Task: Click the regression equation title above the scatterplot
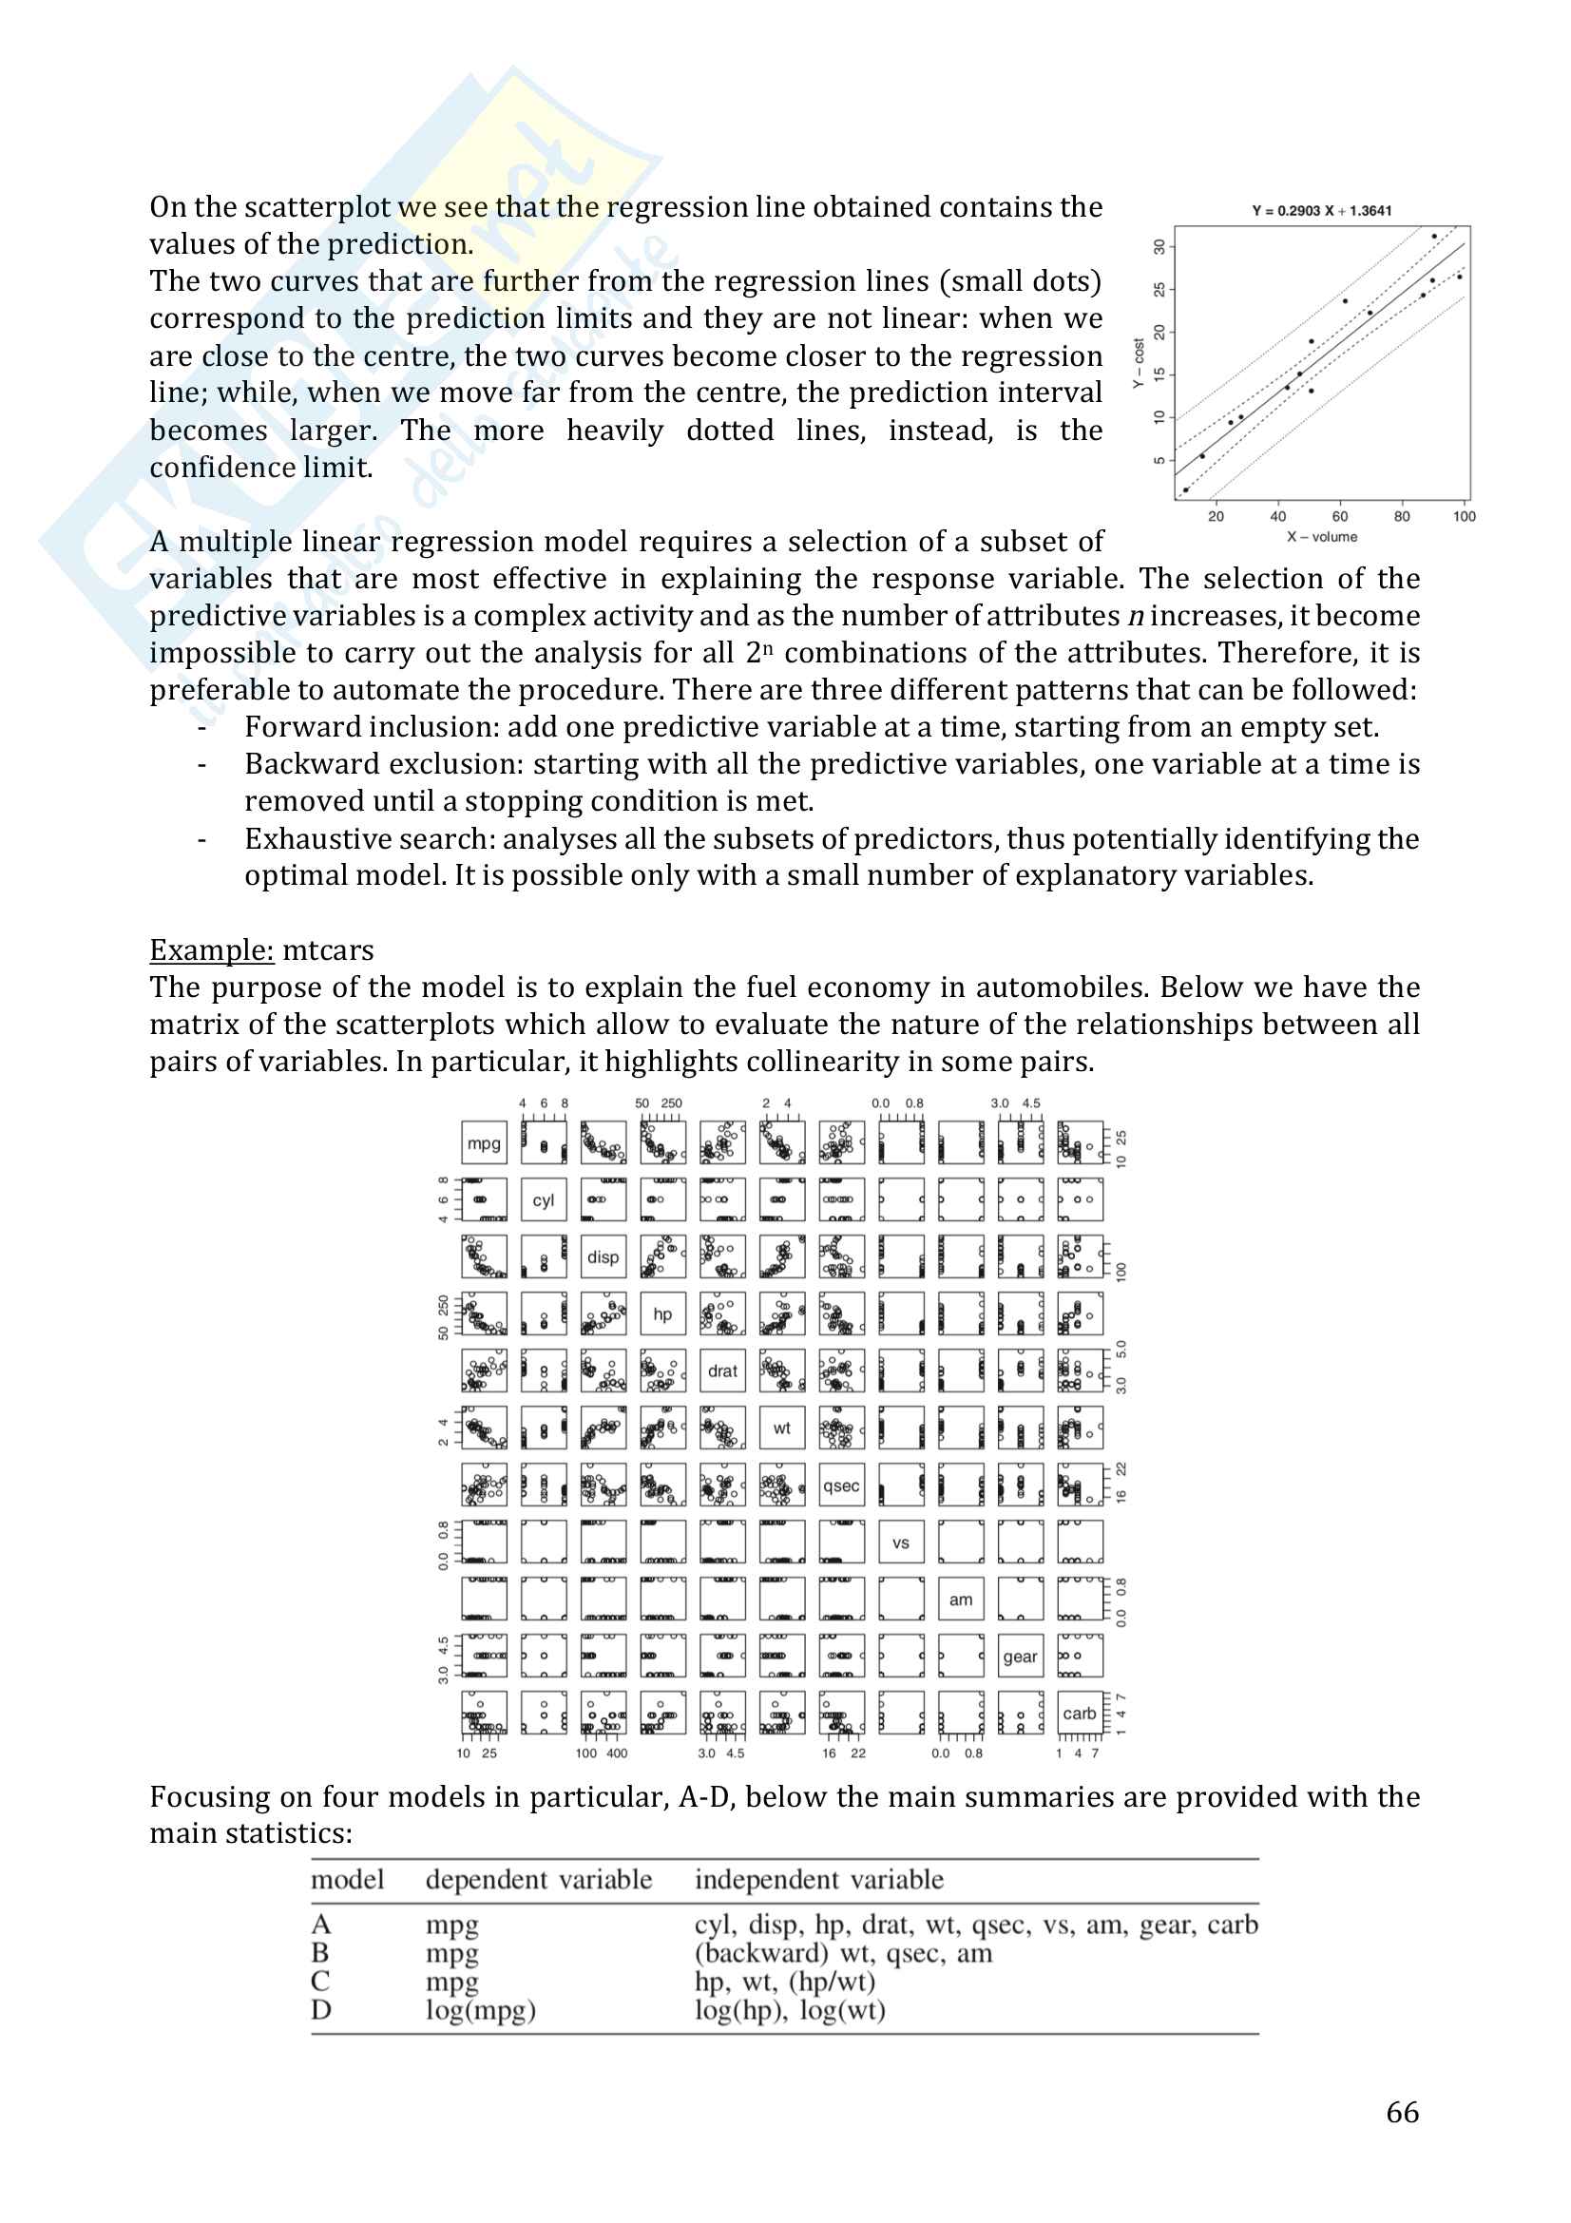point(1321,211)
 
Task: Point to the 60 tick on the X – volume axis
point(1340,516)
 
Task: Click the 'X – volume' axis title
point(1321,537)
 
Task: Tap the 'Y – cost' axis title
point(1140,363)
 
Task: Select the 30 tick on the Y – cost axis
point(1159,247)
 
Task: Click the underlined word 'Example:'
point(212,949)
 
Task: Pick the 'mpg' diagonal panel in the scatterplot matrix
point(484,1143)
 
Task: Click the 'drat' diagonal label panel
point(722,1371)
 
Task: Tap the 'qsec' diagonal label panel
point(841,1485)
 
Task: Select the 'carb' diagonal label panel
point(1080,1713)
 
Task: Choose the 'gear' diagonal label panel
point(1020,1657)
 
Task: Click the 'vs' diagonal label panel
point(901,1543)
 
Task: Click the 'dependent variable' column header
point(538,1879)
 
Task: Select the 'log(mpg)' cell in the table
point(480,2010)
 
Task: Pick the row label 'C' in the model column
point(320,1981)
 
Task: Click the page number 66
point(1403,2113)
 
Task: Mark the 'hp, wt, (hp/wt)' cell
point(785,1981)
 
